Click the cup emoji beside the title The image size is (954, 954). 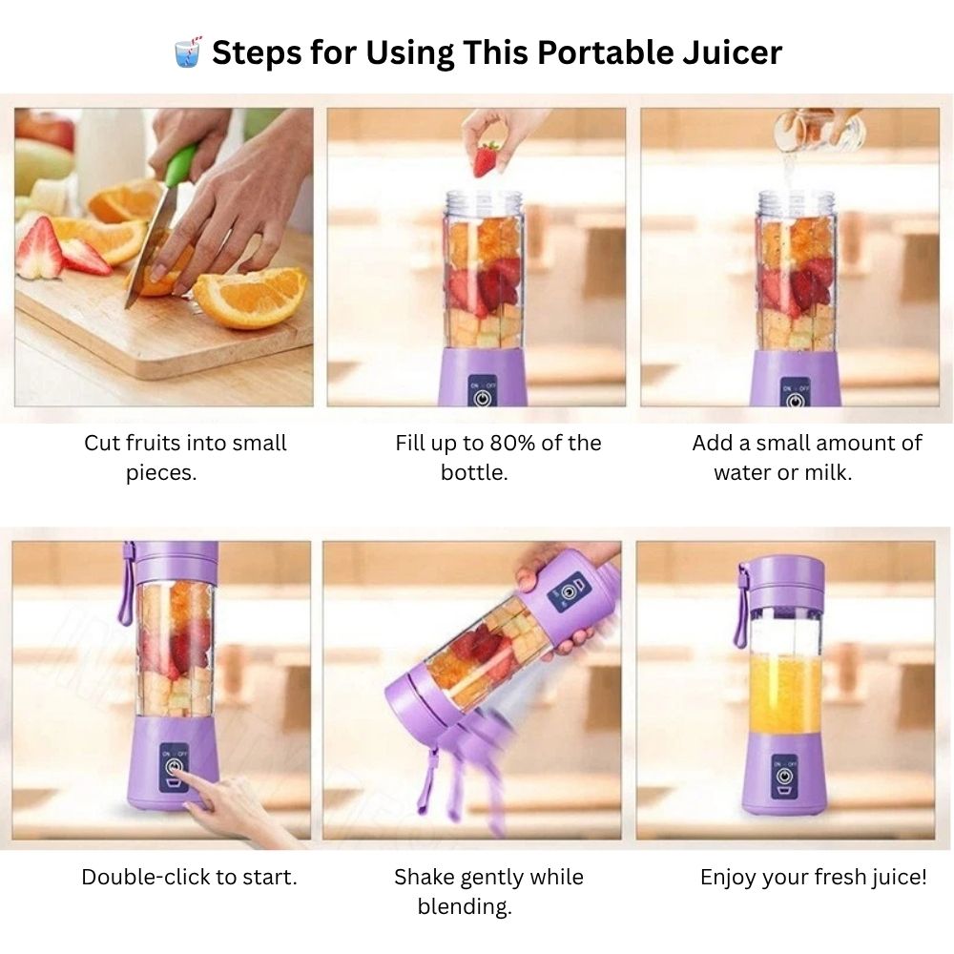pos(187,52)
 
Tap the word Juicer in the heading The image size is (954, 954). pos(732,52)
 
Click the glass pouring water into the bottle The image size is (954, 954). pos(819,131)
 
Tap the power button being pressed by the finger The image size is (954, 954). pos(174,765)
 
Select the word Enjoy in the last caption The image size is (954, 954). pos(728,878)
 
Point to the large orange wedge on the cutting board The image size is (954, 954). pos(251,297)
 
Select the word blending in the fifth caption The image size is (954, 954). pos(465,907)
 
